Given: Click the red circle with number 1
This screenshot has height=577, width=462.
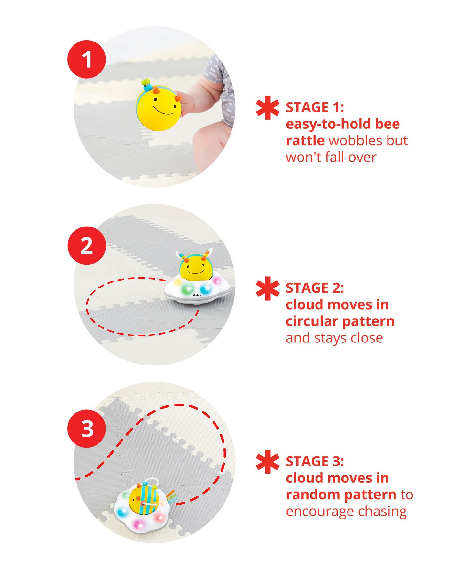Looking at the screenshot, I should coord(86,59).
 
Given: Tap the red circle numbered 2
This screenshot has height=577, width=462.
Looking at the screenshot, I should coord(86,245).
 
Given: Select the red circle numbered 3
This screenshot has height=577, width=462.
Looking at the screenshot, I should coord(86,428).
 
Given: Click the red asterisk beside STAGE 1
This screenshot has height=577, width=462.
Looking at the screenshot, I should coord(268,108).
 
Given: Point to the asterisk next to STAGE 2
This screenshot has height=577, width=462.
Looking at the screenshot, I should coord(268,288).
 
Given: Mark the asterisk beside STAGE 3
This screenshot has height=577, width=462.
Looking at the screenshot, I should coord(268,462).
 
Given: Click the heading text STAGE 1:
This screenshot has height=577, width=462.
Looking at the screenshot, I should coord(315,107).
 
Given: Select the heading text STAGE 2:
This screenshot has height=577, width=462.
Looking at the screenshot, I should coord(315,288).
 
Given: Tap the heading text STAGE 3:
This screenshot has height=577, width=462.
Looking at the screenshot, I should coord(315,461).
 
